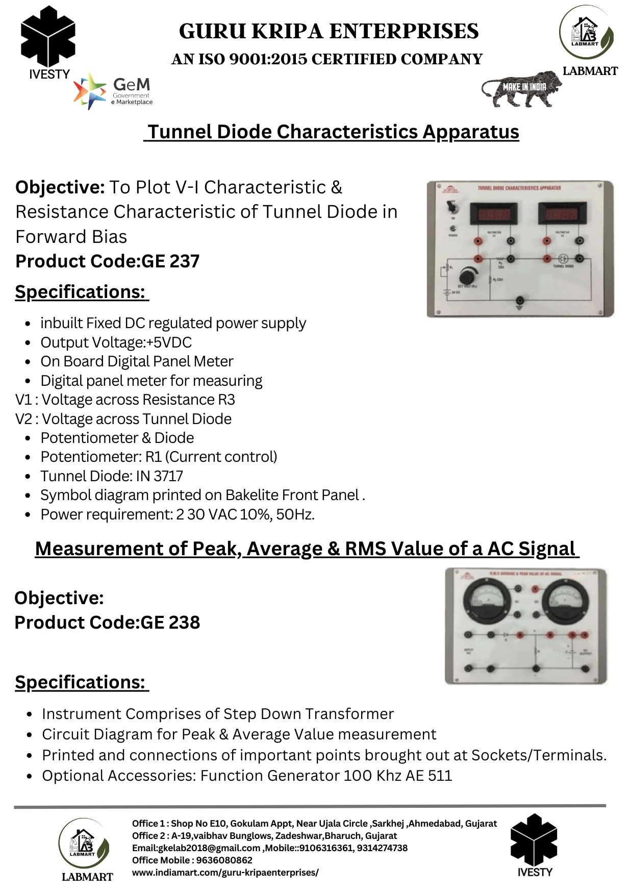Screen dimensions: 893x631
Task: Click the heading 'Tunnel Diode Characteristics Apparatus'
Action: click(x=332, y=132)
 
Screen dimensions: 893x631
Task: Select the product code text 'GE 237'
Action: click(x=170, y=261)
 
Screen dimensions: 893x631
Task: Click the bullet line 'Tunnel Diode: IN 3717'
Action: click(x=112, y=476)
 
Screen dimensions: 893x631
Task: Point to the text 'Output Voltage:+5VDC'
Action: click(x=116, y=342)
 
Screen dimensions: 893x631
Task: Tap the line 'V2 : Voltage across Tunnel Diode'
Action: click(x=123, y=419)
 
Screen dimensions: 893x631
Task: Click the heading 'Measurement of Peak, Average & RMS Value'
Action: click(x=306, y=549)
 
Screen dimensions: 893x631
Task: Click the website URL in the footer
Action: click(x=225, y=872)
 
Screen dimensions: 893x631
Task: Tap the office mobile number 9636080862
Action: click(x=224, y=860)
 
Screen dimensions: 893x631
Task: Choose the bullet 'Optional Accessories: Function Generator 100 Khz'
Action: click(x=247, y=776)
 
